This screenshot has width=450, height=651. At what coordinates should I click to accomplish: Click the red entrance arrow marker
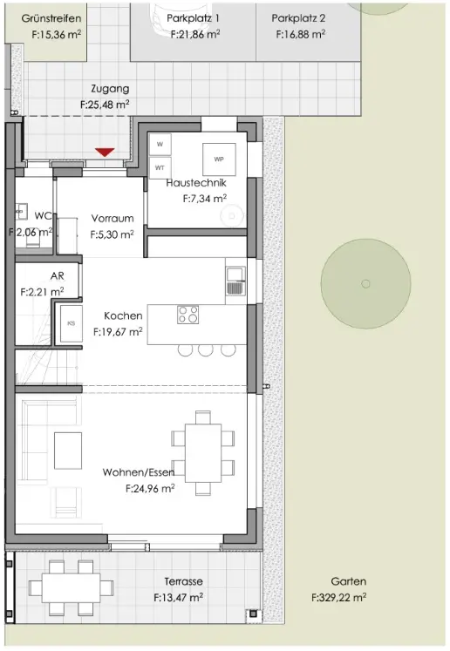coord(105,153)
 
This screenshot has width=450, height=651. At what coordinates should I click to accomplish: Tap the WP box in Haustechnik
coord(218,159)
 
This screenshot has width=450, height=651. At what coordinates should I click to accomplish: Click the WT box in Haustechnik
coord(160,166)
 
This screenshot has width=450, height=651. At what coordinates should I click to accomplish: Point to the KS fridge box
coord(71,323)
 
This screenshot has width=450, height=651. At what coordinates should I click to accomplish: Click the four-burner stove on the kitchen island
coord(187,314)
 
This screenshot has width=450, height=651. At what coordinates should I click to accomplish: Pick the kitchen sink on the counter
coord(235,280)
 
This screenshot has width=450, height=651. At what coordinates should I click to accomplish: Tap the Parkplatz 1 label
coord(193,17)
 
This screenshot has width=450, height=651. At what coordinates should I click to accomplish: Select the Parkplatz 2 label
coord(299,17)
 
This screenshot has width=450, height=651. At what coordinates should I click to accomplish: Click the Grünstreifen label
coord(51,17)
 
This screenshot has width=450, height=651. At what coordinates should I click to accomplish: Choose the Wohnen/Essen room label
coord(139,472)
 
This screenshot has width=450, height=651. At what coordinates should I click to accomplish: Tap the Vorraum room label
coord(112,218)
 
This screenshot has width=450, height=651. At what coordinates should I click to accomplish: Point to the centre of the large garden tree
coord(365,282)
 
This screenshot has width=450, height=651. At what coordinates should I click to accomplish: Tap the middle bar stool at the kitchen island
coord(205,349)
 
